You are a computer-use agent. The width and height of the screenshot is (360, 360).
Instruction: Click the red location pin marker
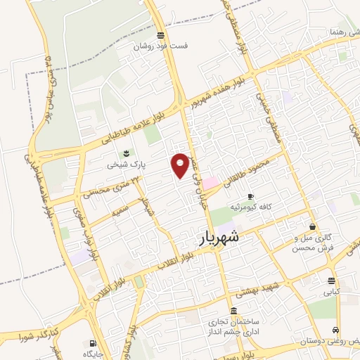click(181, 165)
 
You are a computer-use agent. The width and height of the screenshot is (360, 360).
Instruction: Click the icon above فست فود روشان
click(162, 35)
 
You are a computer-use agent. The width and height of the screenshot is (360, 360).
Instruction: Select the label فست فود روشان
click(162, 46)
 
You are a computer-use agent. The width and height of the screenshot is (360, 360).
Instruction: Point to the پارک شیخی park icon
click(127, 153)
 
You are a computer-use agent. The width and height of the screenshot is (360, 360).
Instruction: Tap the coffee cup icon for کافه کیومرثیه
click(251, 196)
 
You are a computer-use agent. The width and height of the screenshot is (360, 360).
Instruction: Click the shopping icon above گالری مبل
click(312, 226)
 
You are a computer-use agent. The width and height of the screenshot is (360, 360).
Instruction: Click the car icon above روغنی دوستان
click(336, 330)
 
